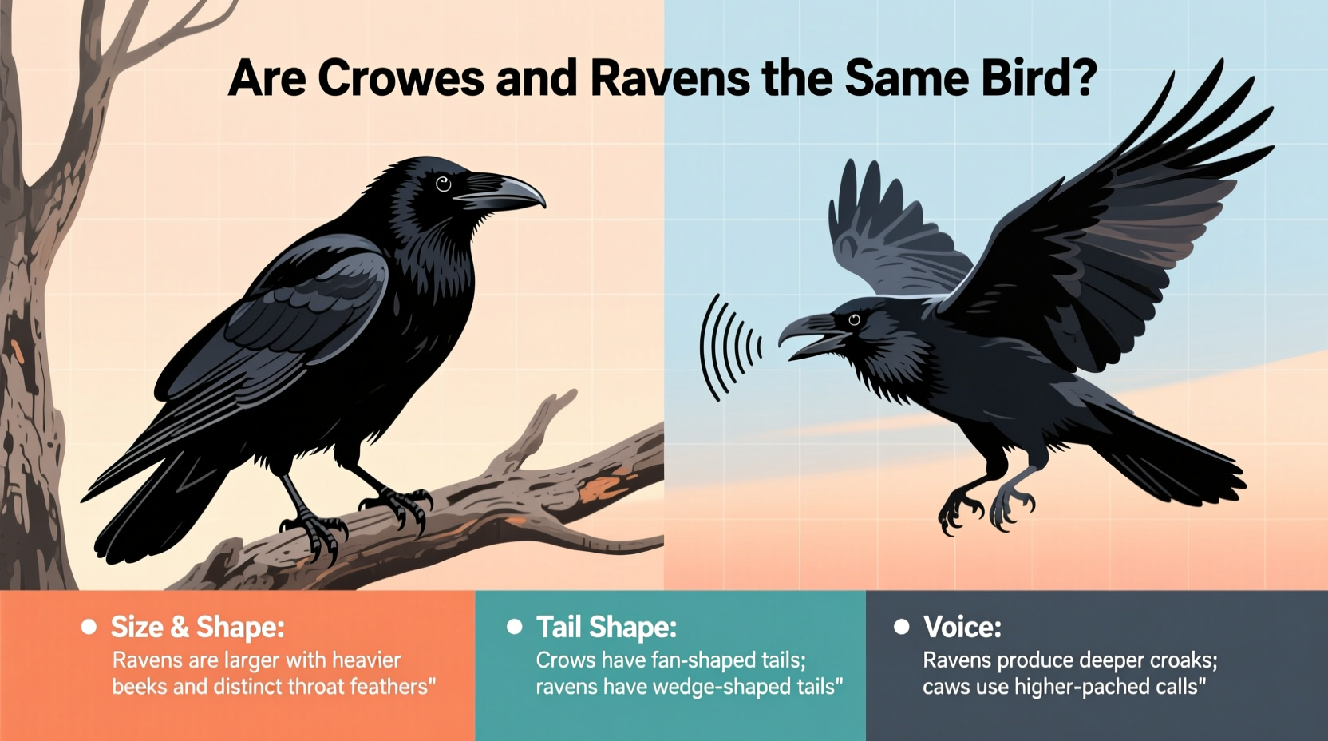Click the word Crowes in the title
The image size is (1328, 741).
click(x=401, y=78)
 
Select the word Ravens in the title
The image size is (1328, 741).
click(x=670, y=78)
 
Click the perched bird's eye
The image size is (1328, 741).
click(x=444, y=184)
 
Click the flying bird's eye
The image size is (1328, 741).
click(x=854, y=320)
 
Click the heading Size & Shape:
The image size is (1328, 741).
click(x=197, y=628)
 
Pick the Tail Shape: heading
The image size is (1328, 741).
click(x=606, y=628)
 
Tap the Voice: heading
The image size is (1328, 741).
click(x=962, y=628)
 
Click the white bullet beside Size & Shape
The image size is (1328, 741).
click(x=89, y=628)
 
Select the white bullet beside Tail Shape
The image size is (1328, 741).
click(x=515, y=628)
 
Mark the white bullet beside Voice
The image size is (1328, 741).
click(x=902, y=628)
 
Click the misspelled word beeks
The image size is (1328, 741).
click(x=139, y=687)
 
